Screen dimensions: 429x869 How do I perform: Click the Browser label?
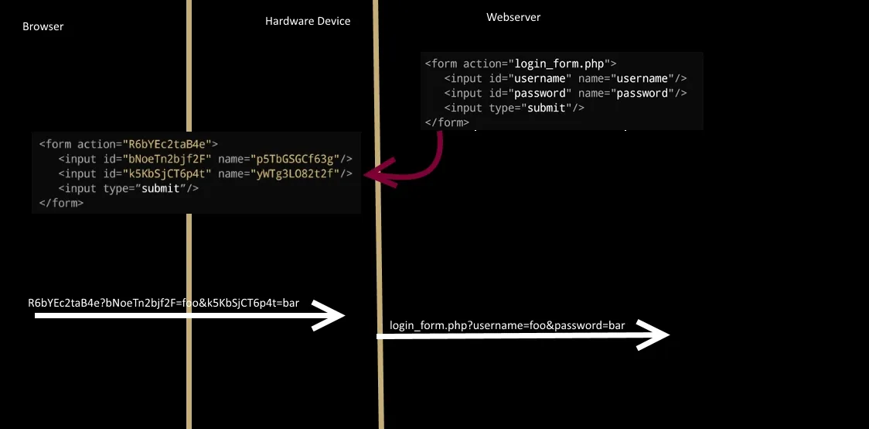[x=43, y=26]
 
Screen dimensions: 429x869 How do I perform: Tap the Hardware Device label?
[x=308, y=21]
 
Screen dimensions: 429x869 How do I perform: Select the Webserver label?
[x=513, y=17]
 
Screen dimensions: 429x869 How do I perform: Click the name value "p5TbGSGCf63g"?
[x=298, y=159]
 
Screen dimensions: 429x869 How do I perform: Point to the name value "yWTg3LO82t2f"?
[x=298, y=173]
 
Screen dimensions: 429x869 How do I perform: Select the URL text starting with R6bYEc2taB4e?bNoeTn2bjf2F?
[x=163, y=302]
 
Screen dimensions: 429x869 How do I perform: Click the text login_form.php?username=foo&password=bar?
[x=507, y=325]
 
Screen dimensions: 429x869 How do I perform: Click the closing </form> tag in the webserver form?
[x=447, y=122]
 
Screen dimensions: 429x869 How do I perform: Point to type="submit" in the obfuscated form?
[x=152, y=188]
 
